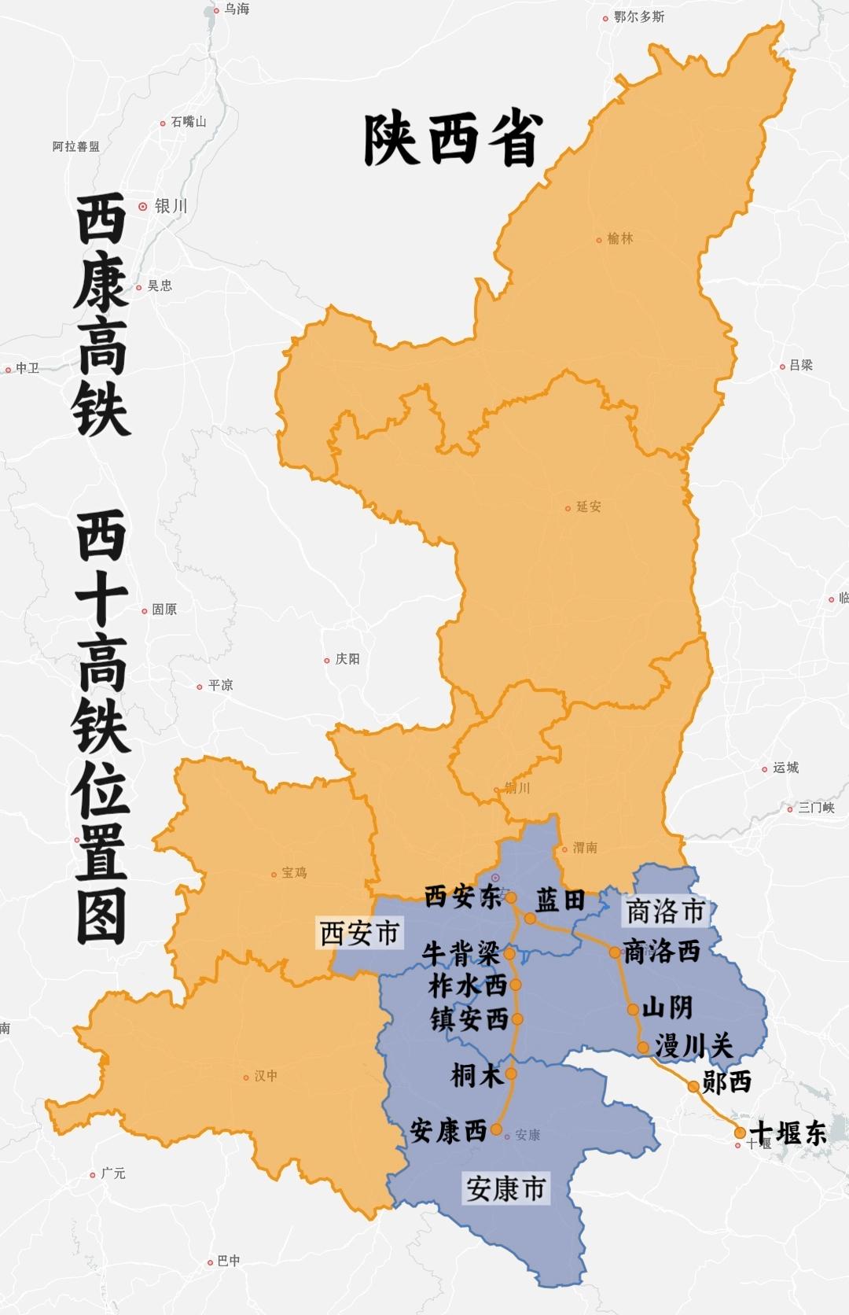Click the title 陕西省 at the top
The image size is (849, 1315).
[453, 140]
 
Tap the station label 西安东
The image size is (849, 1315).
[462, 897]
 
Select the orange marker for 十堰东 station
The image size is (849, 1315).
[740, 1133]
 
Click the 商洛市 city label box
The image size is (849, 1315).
[665, 912]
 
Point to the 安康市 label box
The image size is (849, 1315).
[505, 1188]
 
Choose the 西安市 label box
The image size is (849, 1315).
[359, 934]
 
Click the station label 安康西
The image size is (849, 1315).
[448, 1131]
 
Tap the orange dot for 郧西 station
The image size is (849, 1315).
[693, 1086]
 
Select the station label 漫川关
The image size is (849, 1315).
[694, 1046]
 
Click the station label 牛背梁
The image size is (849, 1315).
[461, 953]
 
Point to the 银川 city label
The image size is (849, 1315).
[171, 206]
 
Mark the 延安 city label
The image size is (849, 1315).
[588, 507]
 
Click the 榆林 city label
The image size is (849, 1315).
[619, 238]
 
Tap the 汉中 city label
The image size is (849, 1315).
[266, 1076]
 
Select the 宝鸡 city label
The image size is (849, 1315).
[294, 873]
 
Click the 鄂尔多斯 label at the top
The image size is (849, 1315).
[638, 17]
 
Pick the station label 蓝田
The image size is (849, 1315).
[560, 900]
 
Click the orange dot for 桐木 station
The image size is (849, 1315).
[511, 1074]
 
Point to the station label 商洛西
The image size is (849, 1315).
[661, 952]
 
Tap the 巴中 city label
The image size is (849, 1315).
[228, 1261]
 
